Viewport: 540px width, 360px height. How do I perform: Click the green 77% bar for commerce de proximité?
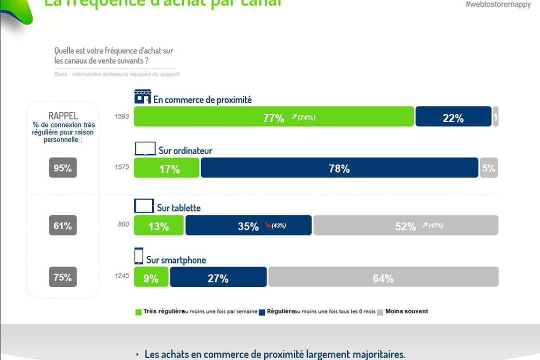(273, 116)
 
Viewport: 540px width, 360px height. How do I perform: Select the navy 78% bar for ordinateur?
(339, 168)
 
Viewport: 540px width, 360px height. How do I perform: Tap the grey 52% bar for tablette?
(405, 225)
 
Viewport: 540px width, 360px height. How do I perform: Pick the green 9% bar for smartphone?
(151, 277)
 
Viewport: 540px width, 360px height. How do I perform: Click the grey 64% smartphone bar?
(383, 277)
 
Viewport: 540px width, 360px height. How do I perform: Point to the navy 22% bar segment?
(453, 116)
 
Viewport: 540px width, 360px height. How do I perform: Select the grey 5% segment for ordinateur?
(488, 168)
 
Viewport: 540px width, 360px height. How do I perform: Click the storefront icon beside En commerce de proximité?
(142, 96)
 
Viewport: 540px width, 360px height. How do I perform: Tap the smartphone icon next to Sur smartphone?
(138, 256)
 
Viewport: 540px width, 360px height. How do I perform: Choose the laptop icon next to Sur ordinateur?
(145, 149)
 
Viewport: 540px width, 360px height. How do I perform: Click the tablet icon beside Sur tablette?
(144, 206)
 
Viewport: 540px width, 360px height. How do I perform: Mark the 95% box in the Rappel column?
(63, 168)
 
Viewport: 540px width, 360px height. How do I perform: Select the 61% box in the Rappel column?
(63, 225)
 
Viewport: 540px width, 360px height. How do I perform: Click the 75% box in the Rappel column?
(63, 277)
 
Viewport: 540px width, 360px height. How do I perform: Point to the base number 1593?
(121, 117)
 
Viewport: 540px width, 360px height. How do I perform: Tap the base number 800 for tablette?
(123, 225)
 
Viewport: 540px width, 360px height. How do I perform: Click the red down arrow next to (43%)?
(266, 225)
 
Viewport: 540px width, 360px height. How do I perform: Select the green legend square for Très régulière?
(138, 312)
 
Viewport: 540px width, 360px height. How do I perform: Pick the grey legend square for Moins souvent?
(380, 312)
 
